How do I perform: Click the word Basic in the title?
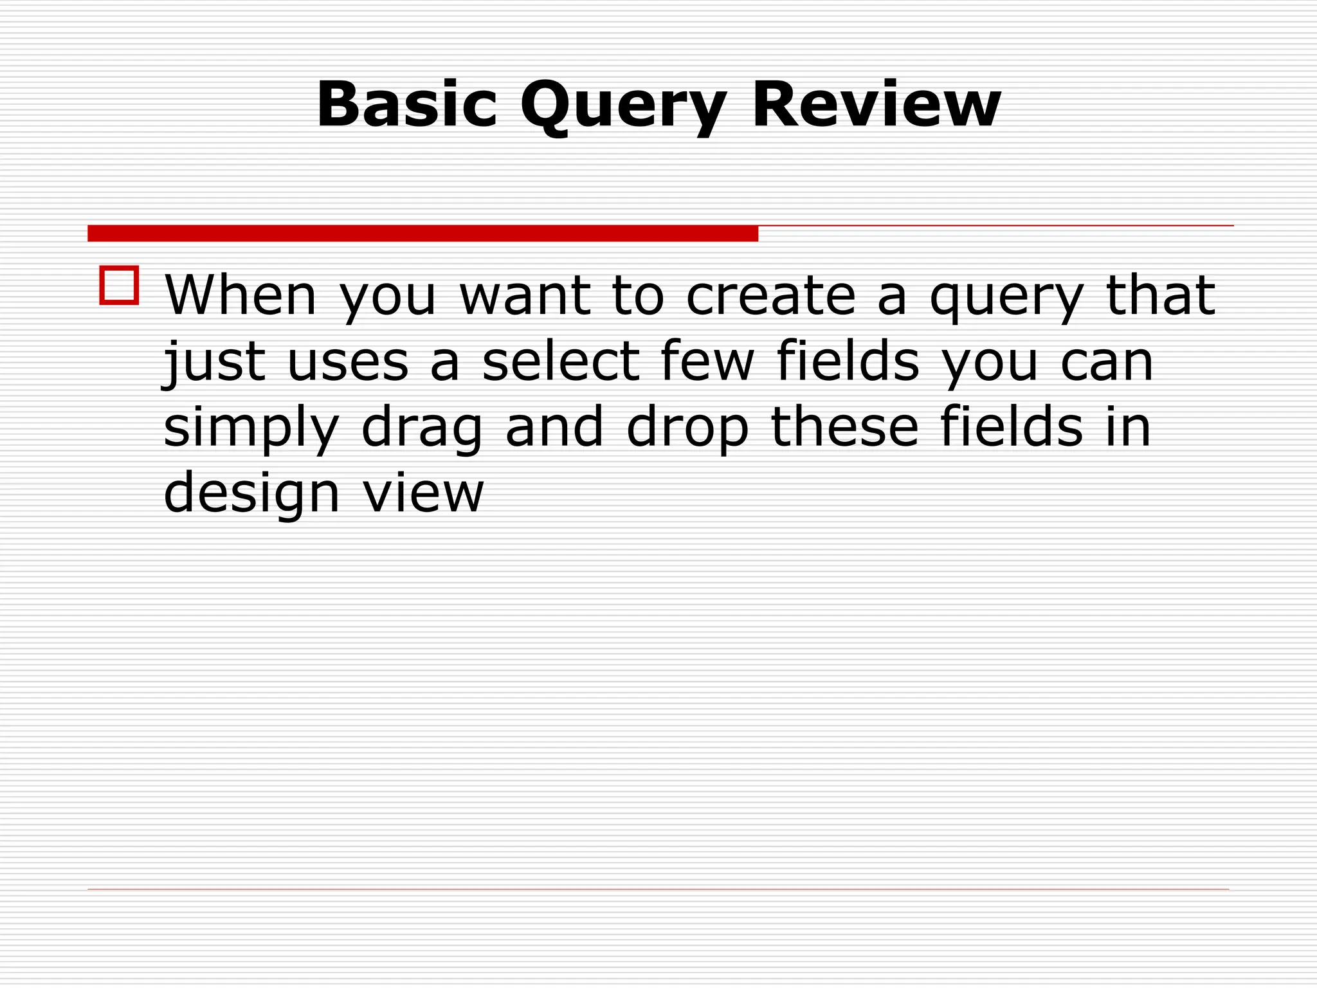[x=407, y=104]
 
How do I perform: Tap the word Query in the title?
[x=623, y=106]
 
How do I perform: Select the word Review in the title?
[x=876, y=104]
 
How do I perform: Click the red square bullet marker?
[x=119, y=285]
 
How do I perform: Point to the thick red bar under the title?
[x=422, y=233]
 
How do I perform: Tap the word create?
[x=771, y=295]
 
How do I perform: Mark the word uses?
[x=348, y=362]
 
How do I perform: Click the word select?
[x=560, y=361]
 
